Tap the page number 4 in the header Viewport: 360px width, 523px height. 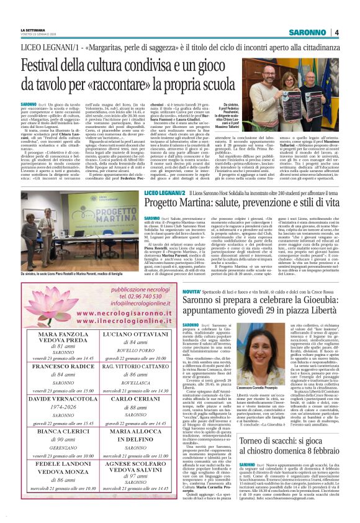pos(336,32)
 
